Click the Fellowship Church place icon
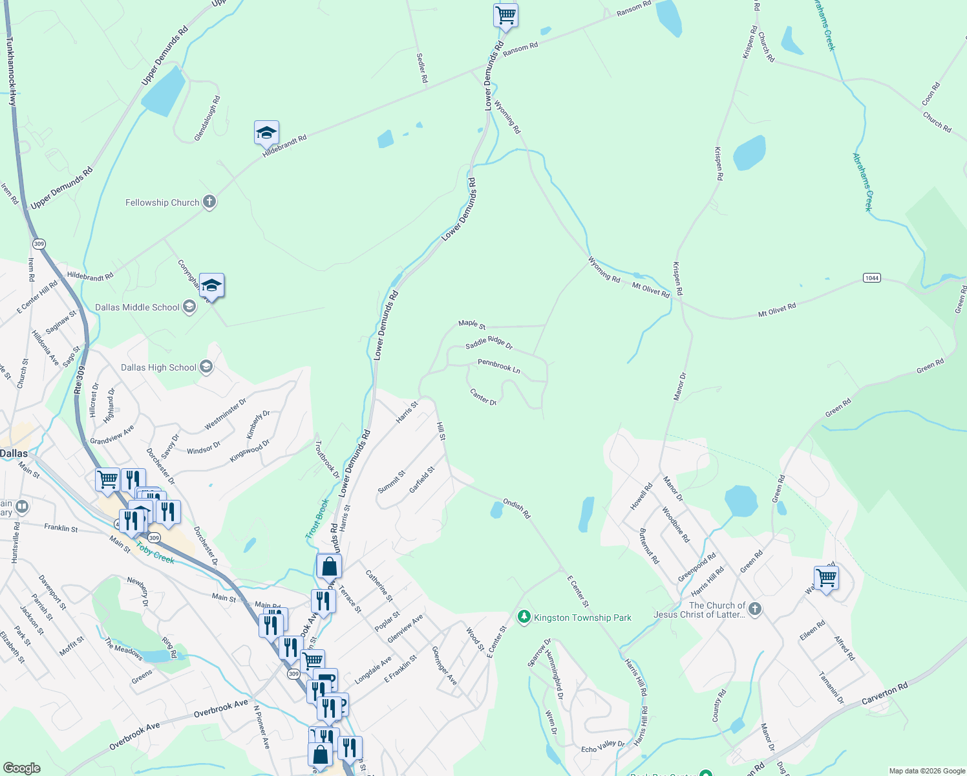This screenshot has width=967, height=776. tap(209, 202)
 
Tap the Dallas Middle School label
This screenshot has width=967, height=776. tap(137, 307)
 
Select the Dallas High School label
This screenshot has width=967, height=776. tap(158, 367)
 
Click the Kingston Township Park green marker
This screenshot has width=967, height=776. tap(524, 617)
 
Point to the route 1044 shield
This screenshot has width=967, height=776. tap(871, 277)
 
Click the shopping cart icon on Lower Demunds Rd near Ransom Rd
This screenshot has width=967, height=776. tap(505, 14)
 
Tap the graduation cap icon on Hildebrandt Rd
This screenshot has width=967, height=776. tap(266, 133)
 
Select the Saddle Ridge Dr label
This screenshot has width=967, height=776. tap(489, 343)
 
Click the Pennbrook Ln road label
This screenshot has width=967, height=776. tap(499, 366)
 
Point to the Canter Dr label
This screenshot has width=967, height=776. tap(483, 397)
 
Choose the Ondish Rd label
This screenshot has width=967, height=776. tap(516, 508)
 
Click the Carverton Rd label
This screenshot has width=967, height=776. tap(885, 695)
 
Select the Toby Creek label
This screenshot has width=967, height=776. tap(155, 554)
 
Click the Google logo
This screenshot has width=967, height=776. tap(22, 768)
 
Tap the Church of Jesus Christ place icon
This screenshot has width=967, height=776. tap(754, 609)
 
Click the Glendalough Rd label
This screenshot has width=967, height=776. tap(207, 119)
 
